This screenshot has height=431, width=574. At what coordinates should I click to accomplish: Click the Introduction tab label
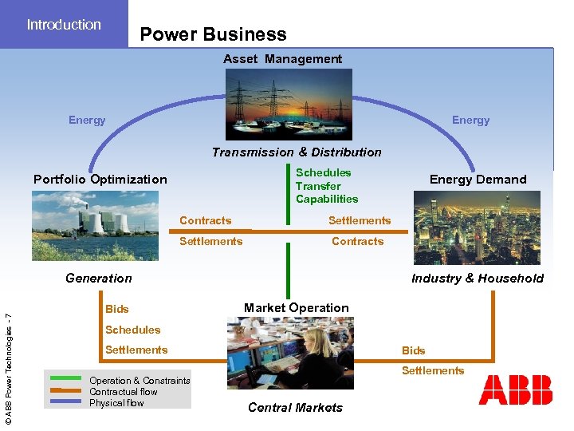[64, 25]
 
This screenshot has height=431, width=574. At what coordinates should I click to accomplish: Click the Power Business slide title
[213, 34]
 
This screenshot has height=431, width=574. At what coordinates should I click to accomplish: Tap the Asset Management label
[282, 59]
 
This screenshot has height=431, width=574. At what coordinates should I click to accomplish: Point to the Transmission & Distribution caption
[297, 152]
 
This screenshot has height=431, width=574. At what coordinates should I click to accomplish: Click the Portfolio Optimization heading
[100, 180]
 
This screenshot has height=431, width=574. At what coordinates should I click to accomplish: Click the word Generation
[99, 279]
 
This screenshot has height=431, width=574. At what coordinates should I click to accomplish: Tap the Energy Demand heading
[478, 180]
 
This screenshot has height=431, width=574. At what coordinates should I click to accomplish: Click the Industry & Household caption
[477, 279]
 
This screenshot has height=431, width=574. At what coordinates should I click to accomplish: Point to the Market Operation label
[296, 308]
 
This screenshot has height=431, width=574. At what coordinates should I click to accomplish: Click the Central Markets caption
[295, 408]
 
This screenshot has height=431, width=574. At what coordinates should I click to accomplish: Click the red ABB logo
[515, 390]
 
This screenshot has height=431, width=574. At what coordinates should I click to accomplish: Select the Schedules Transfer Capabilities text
[327, 186]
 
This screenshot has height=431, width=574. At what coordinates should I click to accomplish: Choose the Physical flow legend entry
[116, 403]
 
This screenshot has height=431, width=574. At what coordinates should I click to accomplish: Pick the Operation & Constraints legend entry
[140, 381]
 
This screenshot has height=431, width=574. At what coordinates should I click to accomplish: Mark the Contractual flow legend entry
[124, 392]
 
